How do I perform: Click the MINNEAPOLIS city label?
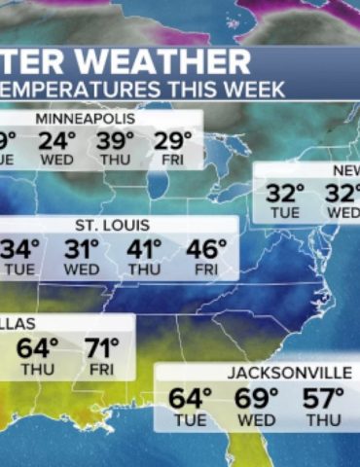click(x=86, y=119)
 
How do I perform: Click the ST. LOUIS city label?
click(x=113, y=226)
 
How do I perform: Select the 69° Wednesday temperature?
click(x=257, y=399)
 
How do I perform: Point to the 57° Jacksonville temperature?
click(x=324, y=399)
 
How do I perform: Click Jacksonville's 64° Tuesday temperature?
click(x=190, y=399)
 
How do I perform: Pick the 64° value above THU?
click(x=38, y=347)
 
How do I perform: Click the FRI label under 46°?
click(x=205, y=269)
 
